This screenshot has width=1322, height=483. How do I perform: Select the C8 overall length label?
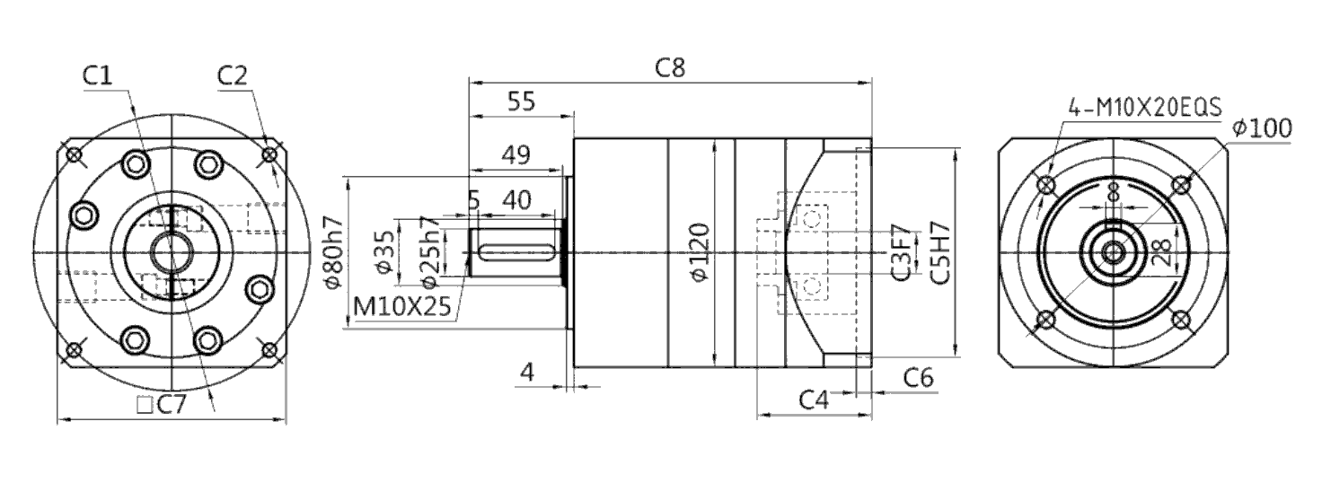[x=671, y=68]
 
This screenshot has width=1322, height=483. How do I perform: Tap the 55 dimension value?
[x=521, y=101]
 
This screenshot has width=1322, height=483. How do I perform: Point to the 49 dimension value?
[x=516, y=154]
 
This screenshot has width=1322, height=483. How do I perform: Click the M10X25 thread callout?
[x=402, y=306]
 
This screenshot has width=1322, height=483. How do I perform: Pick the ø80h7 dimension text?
[x=334, y=252]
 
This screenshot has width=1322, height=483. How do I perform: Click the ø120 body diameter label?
[x=700, y=252]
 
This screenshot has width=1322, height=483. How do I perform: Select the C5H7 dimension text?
[x=939, y=252]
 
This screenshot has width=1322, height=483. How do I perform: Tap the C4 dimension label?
[x=814, y=400]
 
